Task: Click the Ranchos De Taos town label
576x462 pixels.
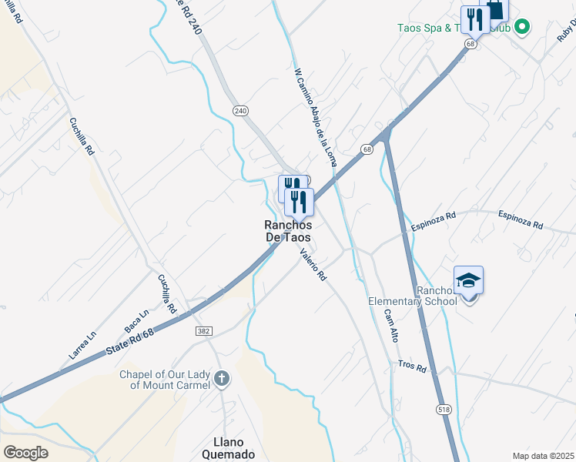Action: (288, 231)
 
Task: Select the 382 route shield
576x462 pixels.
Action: (203, 330)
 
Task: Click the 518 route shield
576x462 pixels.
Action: (444, 410)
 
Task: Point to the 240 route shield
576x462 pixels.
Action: (242, 111)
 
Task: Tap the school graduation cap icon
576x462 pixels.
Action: (468, 281)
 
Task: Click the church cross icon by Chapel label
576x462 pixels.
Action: (222, 378)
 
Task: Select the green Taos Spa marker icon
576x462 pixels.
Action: (522, 28)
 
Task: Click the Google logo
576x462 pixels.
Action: (26, 452)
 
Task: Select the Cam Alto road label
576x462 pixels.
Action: (391, 325)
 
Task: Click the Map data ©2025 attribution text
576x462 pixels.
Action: (543, 456)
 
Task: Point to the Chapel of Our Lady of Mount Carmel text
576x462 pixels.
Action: (164, 379)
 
